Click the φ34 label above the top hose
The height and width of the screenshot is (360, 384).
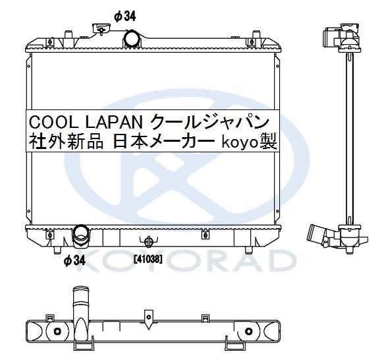(x=125, y=16)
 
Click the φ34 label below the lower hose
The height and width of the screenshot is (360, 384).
(x=74, y=260)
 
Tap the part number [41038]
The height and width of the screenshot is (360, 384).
(x=148, y=259)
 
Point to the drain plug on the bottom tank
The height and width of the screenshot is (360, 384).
(x=149, y=242)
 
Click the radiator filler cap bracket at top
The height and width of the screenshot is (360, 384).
(x=101, y=29)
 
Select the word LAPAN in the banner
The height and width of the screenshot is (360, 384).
(x=114, y=122)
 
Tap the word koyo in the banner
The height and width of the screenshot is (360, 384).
(x=240, y=143)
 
